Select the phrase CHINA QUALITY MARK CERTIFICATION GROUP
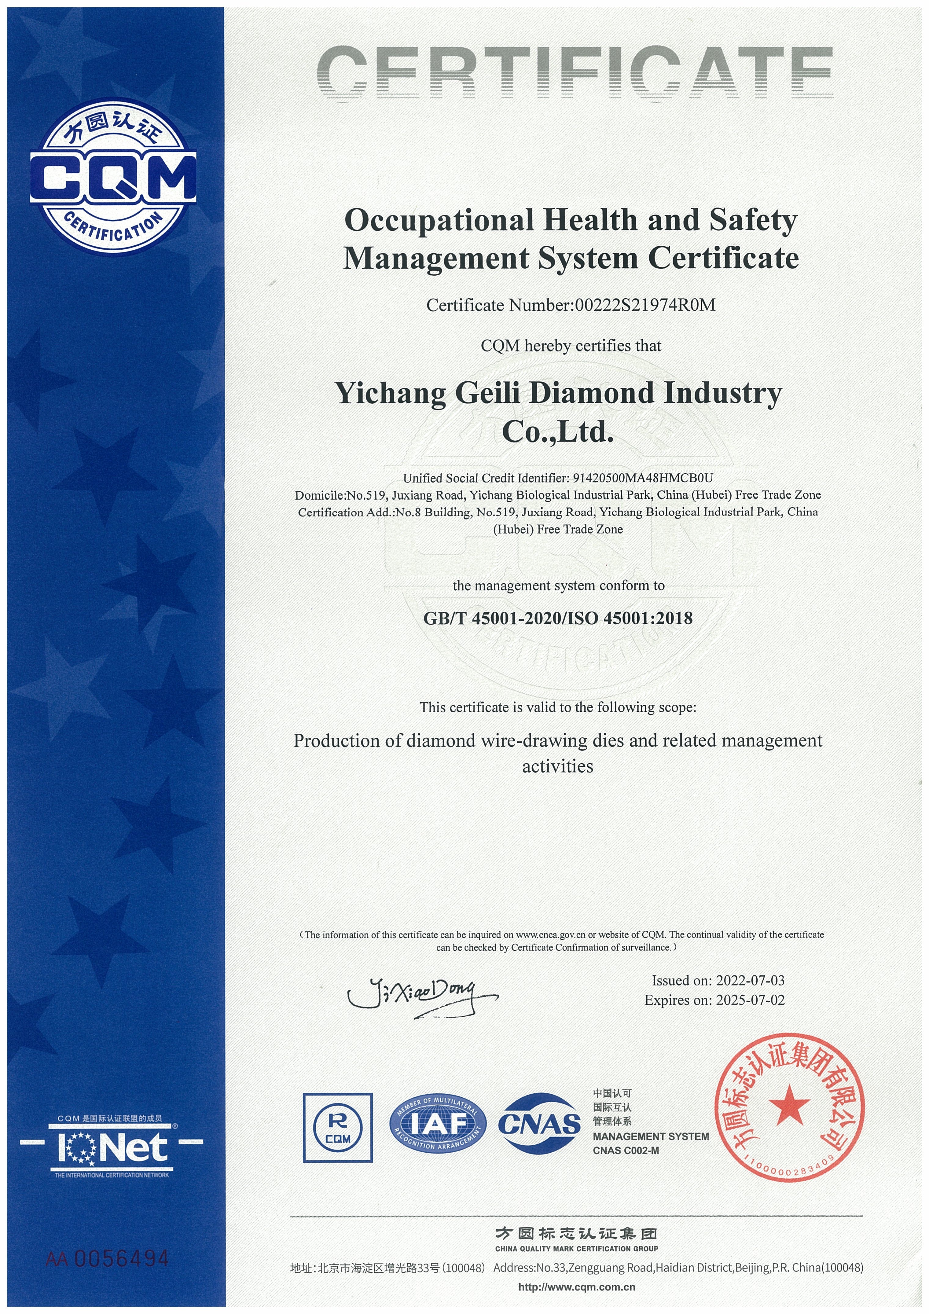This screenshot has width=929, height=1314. click(576, 1248)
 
